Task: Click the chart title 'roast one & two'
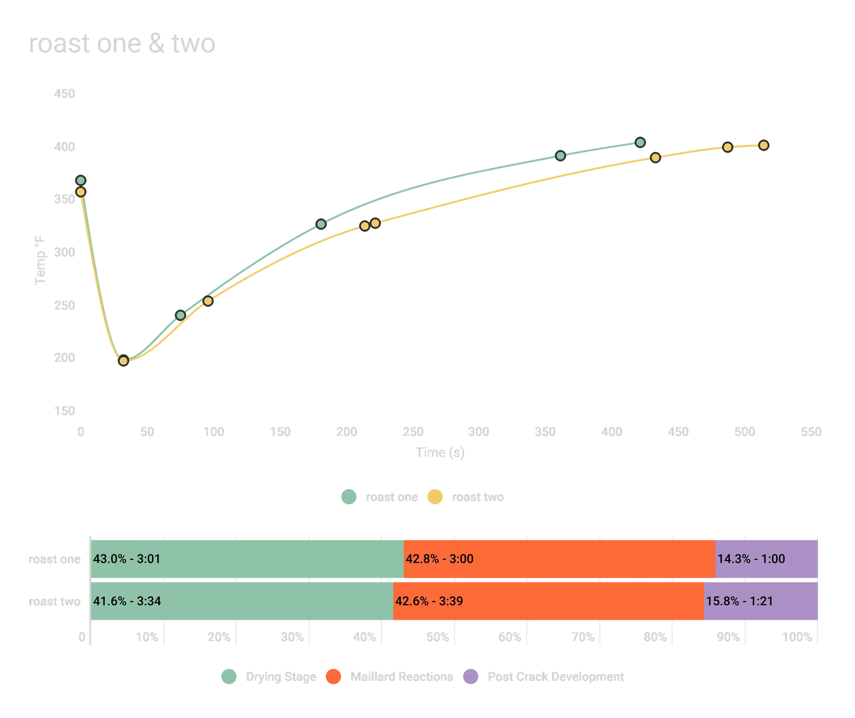[122, 45]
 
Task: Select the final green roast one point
[640, 142]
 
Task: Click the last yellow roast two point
[764, 145]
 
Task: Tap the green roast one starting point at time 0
[81, 181]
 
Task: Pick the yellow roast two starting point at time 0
[81, 192]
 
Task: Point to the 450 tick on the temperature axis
[65, 94]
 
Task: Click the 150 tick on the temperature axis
[65, 411]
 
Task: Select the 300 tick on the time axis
[479, 431]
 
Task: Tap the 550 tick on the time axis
[811, 431]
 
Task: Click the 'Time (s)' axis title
[440, 453]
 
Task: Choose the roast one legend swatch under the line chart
[349, 497]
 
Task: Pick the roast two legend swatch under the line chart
[435, 497]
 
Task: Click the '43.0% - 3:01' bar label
[127, 559]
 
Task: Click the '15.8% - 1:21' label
[739, 601]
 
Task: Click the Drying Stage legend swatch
[229, 677]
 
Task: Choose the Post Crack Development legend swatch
[471, 677]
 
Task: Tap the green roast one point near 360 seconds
[561, 156]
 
